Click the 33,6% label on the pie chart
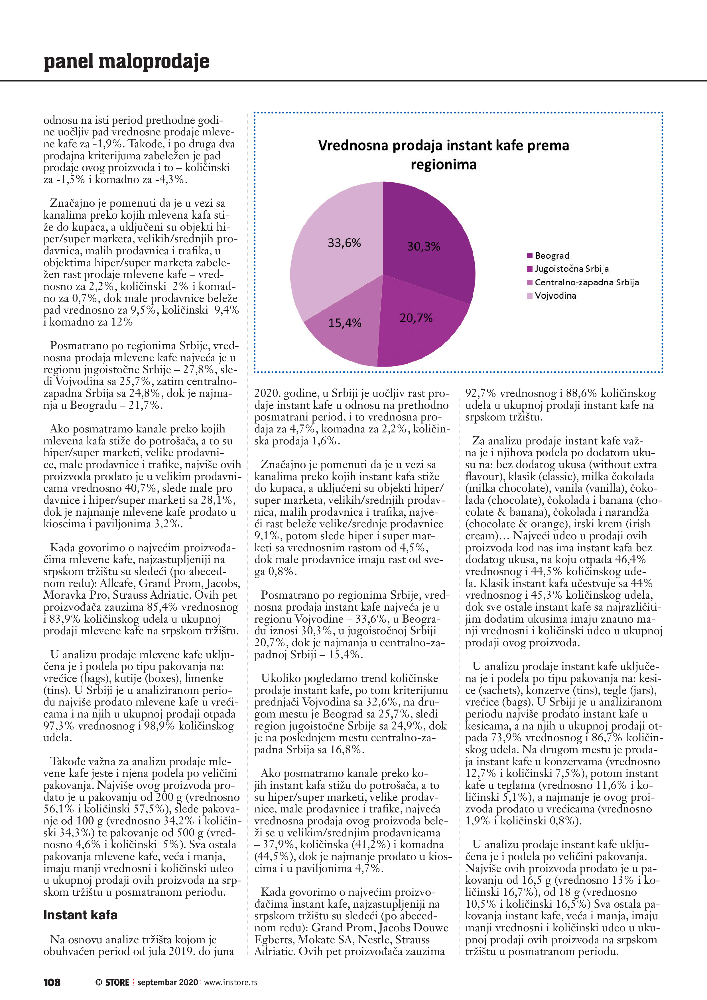[x=344, y=243]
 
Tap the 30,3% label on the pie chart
[x=423, y=247]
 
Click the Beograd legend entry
[x=551, y=256]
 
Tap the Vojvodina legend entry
[x=555, y=296]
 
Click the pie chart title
[x=444, y=155]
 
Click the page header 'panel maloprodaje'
[x=126, y=61]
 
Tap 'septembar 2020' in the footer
[x=167, y=983]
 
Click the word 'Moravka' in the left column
[x=63, y=595]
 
